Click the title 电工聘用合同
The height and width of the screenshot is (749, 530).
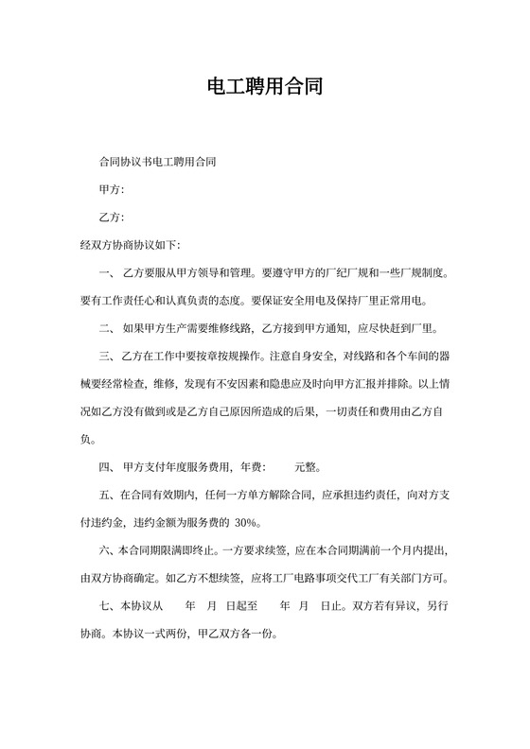pyautogui.click(x=265, y=89)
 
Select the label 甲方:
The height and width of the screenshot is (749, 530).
pyautogui.click(x=112, y=191)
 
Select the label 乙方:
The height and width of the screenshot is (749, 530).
pyautogui.click(x=112, y=218)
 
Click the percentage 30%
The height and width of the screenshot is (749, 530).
pyautogui.click(x=244, y=522)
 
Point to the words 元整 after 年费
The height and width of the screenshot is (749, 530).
pyautogui.click(x=308, y=466)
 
